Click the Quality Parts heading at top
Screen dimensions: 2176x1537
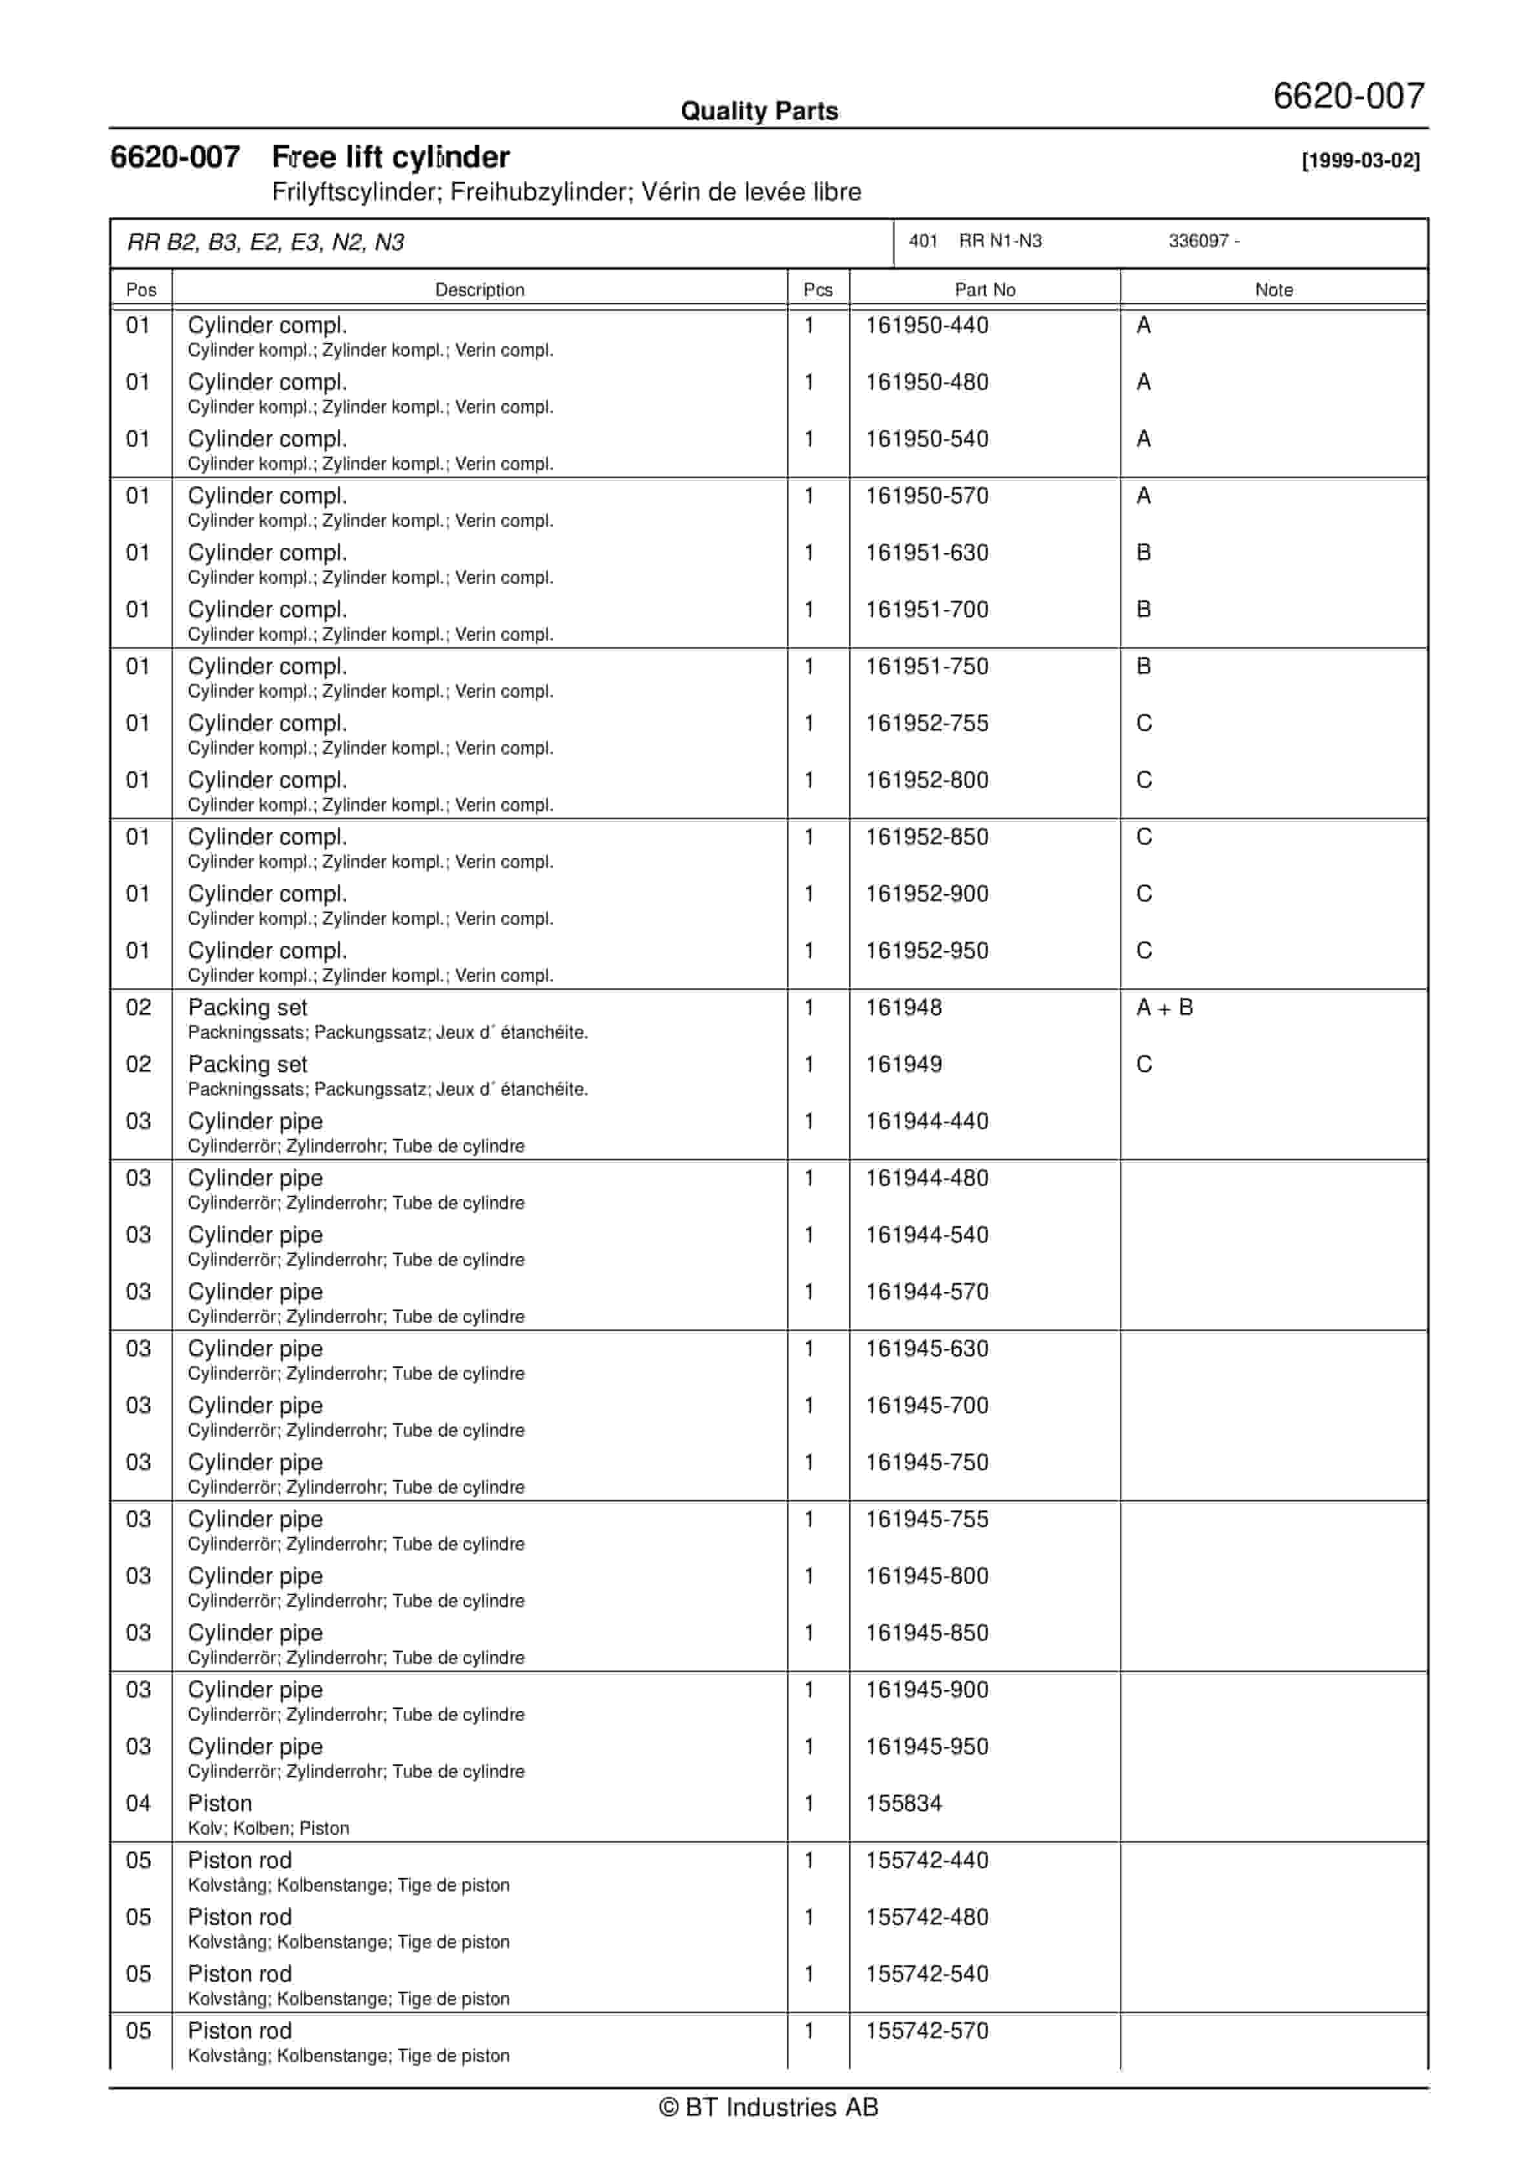click(759, 111)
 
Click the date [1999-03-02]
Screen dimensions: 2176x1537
click(1360, 160)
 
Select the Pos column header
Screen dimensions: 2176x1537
click(141, 290)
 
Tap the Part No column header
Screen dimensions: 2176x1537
click(985, 290)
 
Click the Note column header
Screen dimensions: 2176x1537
click(1273, 290)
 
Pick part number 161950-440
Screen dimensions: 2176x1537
click(927, 326)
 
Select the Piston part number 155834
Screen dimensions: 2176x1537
click(904, 1805)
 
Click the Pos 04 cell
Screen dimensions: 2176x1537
click(138, 1805)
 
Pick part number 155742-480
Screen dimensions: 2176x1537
click(927, 1918)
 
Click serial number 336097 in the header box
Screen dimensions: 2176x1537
click(1199, 242)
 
